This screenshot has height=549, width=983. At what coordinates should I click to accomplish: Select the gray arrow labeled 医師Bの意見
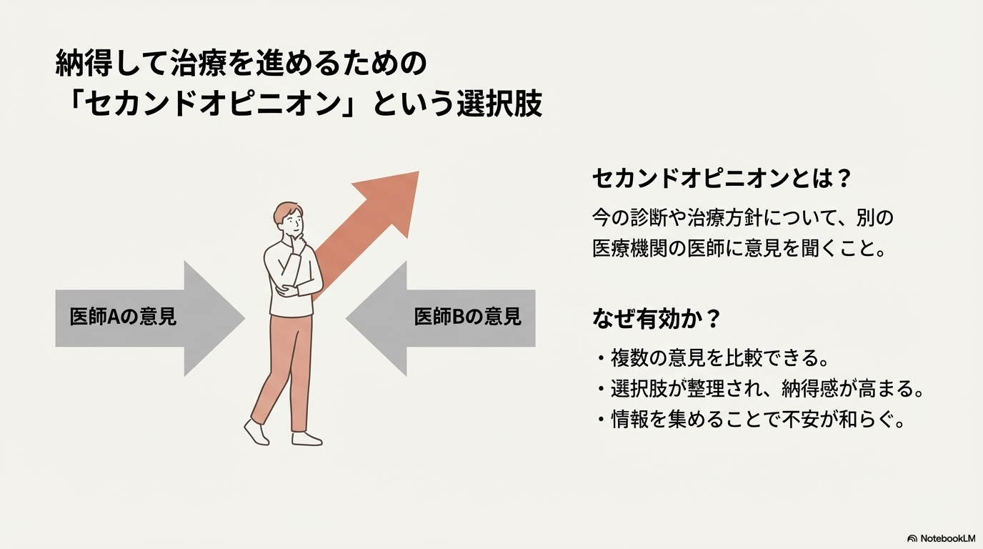(x=443, y=318)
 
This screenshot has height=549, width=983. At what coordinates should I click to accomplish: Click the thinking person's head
(x=289, y=219)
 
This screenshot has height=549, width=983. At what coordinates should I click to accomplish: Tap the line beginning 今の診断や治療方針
(x=743, y=217)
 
